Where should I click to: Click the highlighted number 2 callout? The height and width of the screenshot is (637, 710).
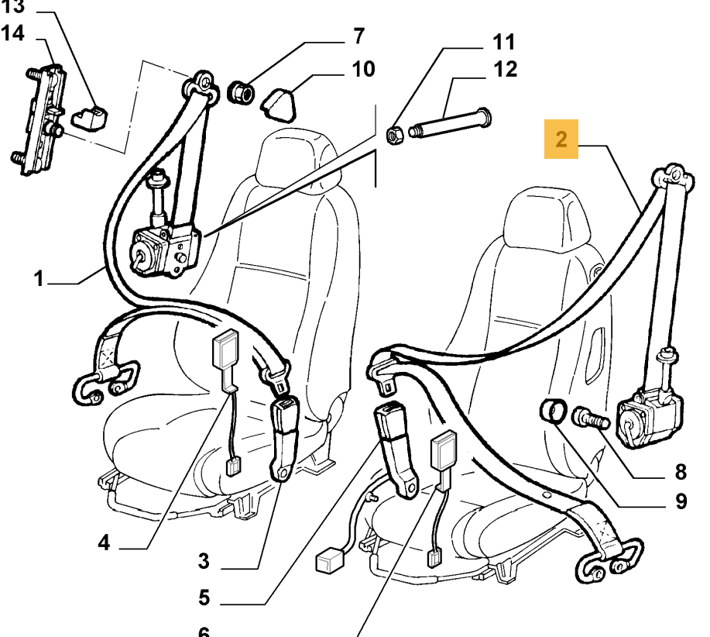click(x=561, y=139)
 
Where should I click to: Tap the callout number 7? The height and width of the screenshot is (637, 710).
click(x=358, y=37)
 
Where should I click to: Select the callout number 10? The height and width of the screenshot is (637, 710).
click(x=362, y=70)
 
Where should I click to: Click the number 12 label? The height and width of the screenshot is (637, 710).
click(x=505, y=71)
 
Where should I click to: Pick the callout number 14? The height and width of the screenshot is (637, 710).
click(x=13, y=33)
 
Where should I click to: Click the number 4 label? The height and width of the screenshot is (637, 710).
click(x=104, y=543)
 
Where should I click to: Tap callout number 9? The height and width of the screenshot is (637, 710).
click(x=681, y=502)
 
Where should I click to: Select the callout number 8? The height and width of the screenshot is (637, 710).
click(x=681, y=470)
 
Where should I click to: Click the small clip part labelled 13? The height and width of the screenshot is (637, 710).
click(x=91, y=117)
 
